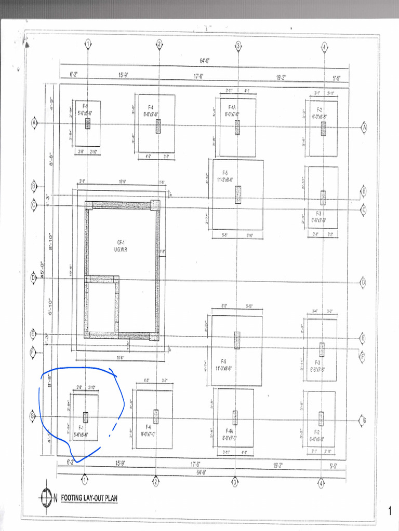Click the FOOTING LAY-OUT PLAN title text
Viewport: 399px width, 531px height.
[x=89, y=499]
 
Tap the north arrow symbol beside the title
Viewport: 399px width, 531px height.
[x=46, y=499]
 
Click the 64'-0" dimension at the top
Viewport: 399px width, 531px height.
[x=205, y=61]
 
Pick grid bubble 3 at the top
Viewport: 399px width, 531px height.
[x=238, y=45]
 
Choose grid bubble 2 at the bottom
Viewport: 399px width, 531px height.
[x=155, y=482]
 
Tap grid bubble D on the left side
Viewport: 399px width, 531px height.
[x=33, y=277]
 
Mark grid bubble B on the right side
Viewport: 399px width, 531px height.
[x=364, y=191]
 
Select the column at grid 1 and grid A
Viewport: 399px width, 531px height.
[x=88, y=123]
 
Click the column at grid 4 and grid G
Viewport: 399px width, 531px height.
[x=322, y=418]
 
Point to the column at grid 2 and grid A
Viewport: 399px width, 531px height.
[x=158, y=126]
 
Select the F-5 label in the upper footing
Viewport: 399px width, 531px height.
[x=225, y=173]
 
